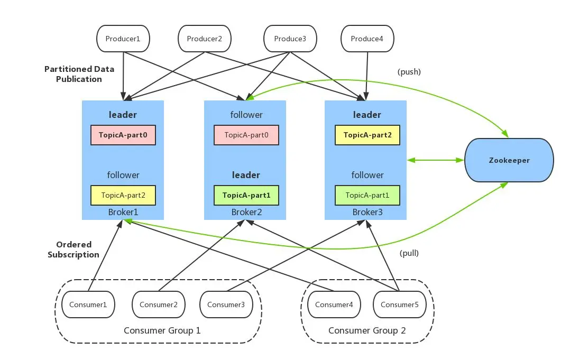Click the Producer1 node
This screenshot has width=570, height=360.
(x=123, y=39)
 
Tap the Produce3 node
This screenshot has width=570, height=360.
(x=290, y=39)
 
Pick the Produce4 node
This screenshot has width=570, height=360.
(x=367, y=39)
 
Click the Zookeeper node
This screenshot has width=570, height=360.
(x=509, y=160)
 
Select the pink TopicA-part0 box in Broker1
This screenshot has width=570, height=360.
(x=123, y=135)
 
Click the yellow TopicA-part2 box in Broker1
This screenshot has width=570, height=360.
(x=123, y=195)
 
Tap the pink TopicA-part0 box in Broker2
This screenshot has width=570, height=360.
(x=246, y=135)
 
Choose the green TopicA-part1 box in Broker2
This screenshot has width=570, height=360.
(x=246, y=195)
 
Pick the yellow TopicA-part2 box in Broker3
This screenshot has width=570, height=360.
(x=367, y=135)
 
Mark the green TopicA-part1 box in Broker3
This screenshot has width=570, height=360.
(x=367, y=195)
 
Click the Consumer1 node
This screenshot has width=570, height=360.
(x=88, y=304)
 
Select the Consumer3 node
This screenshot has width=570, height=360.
(x=226, y=304)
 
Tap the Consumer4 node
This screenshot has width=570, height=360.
(x=334, y=304)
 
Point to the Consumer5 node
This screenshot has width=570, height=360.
(x=399, y=304)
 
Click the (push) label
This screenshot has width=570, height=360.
(x=409, y=72)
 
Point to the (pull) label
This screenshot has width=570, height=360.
(x=409, y=253)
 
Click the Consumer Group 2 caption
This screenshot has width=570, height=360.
(x=367, y=330)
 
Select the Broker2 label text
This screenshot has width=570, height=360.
(x=246, y=212)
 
